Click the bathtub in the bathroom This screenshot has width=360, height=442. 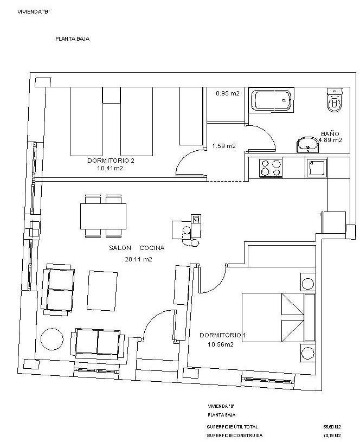(x=271, y=100)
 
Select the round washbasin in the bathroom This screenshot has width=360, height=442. (x=307, y=144)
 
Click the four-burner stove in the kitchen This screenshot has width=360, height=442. (x=271, y=168)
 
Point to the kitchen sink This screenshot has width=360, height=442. (x=316, y=168)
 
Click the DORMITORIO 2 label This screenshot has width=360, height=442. (x=111, y=161)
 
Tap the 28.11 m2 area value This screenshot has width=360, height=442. (x=138, y=259)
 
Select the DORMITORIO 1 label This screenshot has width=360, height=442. (x=223, y=335)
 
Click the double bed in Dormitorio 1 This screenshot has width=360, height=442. (x=279, y=318)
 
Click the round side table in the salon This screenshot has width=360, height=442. (x=52, y=339)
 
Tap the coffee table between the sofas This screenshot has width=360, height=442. (x=102, y=291)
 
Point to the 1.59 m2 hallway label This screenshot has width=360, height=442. (x=224, y=146)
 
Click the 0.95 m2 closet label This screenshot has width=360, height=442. (x=228, y=93)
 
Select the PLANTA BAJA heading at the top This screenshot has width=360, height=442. (x=73, y=39)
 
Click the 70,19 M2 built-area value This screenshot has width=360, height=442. (x=332, y=435)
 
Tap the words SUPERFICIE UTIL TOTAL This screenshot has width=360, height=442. (x=232, y=427)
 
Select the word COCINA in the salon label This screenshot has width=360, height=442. (x=152, y=248)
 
